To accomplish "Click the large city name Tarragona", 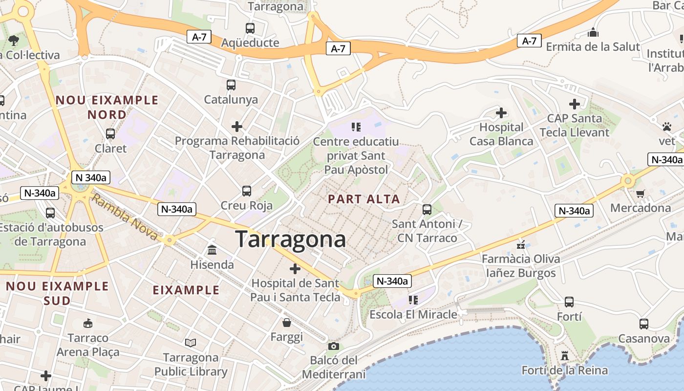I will (291, 239).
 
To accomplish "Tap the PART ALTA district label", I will (364, 199).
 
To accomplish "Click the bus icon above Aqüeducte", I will (250, 28).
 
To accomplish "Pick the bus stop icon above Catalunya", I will (231, 85).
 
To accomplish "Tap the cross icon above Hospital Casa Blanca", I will (501, 113).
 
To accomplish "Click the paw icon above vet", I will (667, 127).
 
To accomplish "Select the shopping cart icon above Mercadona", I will (640, 193).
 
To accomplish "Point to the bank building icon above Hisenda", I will (212, 250).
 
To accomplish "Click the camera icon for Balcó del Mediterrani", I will (334, 346).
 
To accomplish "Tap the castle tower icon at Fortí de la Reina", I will (565, 355).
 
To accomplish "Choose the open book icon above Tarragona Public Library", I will (191, 343).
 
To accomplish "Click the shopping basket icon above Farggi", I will (287, 323).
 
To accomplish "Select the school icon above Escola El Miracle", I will (413, 300).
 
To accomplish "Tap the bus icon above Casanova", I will (644, 324).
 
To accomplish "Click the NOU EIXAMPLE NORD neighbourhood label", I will (107, 108).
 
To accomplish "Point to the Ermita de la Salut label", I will (593, 47).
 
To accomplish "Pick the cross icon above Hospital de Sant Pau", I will (295, 268).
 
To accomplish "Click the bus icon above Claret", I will (110, 134).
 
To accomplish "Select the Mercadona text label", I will (641, 208).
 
